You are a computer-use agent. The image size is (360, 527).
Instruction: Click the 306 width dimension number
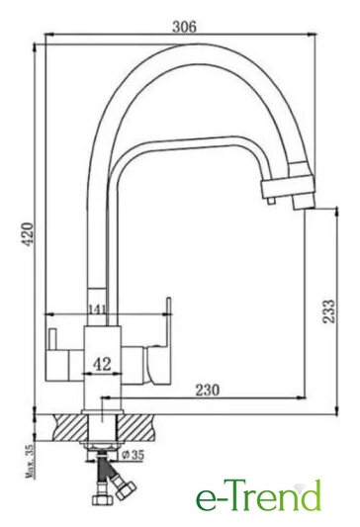click(184, 27)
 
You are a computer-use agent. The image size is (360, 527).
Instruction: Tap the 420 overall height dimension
click(29, 234)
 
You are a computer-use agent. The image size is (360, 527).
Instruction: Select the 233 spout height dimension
click(329, 311)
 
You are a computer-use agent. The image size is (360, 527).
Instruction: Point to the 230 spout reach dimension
click(208, 390)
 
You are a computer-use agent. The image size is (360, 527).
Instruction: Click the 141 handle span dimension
click(97, 308)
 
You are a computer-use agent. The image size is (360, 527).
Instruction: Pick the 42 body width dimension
click(102, 364)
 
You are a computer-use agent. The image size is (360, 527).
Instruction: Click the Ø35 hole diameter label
click(134, 455)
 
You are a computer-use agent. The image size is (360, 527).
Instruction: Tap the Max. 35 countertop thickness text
click(30, 461)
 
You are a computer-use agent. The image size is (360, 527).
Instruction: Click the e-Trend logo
click(258, 496)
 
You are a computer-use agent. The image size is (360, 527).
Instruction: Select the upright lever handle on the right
click(168, 322)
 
